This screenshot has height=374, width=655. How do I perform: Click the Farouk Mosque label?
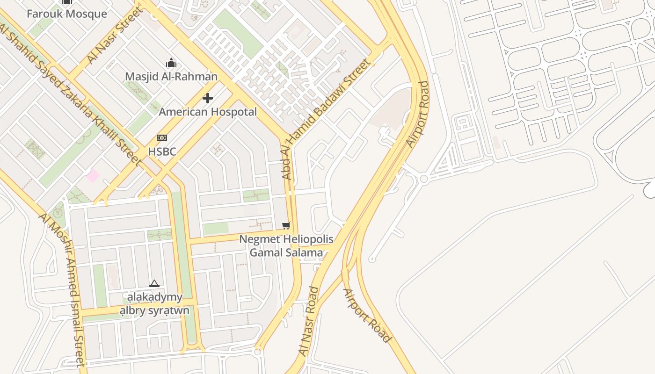pos(66,14)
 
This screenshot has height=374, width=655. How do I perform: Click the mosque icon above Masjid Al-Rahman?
pos(171,63)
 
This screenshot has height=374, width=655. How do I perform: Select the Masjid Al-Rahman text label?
pos(171,76)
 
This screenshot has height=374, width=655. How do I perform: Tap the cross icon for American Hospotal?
pos(208,98)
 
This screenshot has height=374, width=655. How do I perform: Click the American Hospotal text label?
pos(208,112)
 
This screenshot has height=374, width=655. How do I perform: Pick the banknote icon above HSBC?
pos(162,138)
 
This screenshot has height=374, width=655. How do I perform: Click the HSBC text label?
pos(162,151)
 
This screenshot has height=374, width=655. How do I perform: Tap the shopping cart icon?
pos(286,226)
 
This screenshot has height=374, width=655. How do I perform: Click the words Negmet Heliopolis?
pos(286,239)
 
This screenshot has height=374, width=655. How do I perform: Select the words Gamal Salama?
pos(286,253)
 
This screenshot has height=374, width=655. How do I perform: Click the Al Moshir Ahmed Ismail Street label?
pos(63,290)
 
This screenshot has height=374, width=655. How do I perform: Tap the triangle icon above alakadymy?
pos(154,283)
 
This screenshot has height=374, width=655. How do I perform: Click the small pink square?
pos(93,176)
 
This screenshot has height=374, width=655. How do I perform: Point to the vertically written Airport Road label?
pos(418,115)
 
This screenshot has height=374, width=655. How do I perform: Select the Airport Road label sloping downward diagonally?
pos(367,316)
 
